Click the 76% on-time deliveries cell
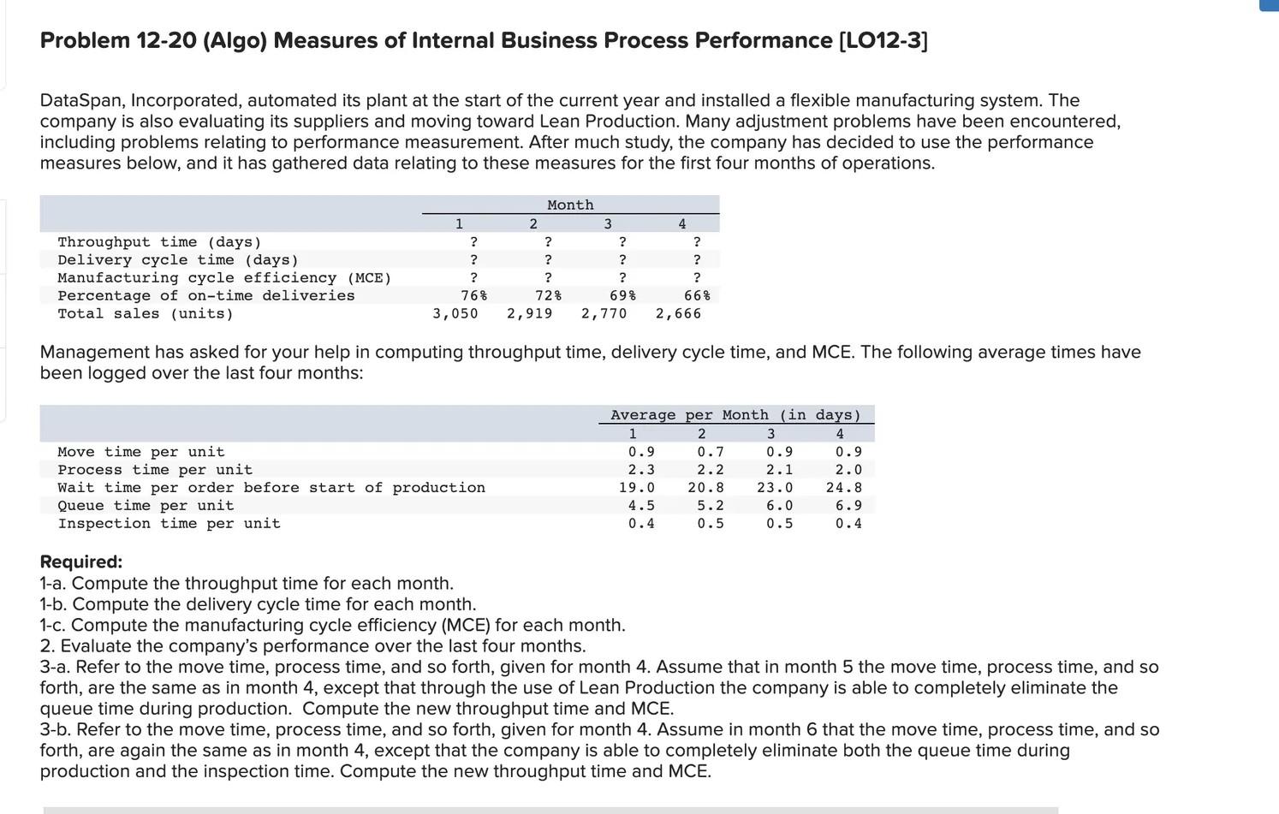point(473,295)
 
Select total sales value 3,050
point(455,313)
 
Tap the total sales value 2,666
point(678,313)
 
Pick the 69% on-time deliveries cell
point(622,295)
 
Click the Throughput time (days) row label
point(159,242)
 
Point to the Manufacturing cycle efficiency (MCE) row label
point(224,277)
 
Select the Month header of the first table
point(570,205)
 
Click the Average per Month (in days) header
point(735,414)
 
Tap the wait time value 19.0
point(637,487)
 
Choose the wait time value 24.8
point(843,487)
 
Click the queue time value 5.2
point(710,505)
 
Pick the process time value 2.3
point(641,469)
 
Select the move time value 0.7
point(710,451)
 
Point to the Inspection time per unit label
point(169,523)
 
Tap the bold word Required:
point(81,561)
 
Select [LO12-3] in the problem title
point(883,40)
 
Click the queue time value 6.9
point(848,505)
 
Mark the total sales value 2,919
point(529,313)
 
